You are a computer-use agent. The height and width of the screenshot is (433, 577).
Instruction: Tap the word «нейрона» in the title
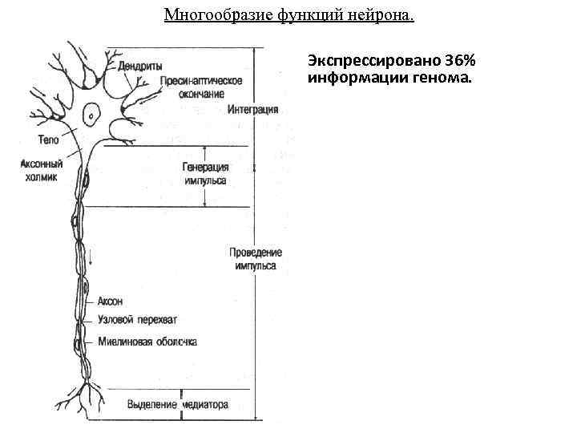(x=383, y=15)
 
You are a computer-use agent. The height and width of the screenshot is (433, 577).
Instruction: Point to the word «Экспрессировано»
(x=373, y=62)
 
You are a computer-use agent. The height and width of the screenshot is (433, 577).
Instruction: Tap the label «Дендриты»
(x=142, y=67)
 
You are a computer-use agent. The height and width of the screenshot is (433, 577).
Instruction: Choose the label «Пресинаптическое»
(x=201, y=80)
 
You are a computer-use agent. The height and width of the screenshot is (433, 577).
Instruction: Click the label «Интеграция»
(x=252, y=109)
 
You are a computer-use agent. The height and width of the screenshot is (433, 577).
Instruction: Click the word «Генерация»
(x=206, y=167)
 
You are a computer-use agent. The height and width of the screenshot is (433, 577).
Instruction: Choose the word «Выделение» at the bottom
(x=151, y=405)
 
